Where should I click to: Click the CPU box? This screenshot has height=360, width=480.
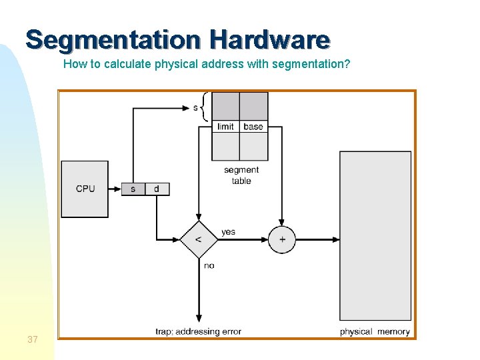pos(85,189)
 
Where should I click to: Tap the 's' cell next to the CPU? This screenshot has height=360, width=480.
pos(133,189)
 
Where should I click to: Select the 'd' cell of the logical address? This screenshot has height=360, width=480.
pos(157,189)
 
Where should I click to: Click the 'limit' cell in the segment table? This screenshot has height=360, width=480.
pos(226,127)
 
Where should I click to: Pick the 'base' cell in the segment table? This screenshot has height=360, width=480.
pos(253,127)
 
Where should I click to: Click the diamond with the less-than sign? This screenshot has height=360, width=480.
pos(199,239)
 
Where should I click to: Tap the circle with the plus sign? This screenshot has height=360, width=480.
pos(282,239)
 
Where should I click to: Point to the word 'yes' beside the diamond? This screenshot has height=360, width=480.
pos(228,232)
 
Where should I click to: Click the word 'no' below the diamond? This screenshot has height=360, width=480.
pos(209,265)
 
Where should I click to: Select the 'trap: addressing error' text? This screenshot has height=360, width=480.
pos(199,331)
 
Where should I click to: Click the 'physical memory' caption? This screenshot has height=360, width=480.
pos(375,331)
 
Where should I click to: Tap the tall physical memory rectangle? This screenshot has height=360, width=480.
pos(375,236)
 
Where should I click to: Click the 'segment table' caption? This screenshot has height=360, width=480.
pos(241,175)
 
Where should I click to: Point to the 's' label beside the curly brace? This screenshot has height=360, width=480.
pos(196,107)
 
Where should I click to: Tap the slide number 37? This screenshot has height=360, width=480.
pos(33,340)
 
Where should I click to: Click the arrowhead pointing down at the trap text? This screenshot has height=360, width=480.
pos(199,319)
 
